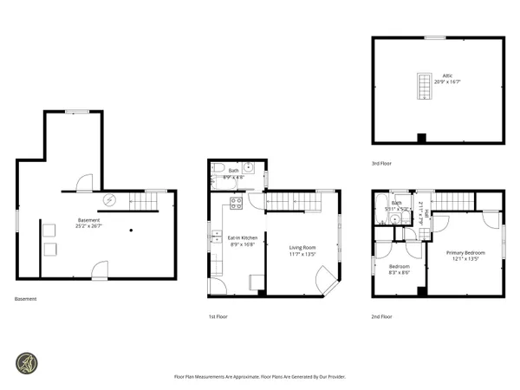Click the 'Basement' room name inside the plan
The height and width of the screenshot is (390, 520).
88,220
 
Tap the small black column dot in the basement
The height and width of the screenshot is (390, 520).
130,230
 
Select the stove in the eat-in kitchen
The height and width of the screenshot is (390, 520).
235,206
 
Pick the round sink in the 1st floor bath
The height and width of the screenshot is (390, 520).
248,167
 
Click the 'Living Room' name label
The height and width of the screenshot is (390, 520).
302,248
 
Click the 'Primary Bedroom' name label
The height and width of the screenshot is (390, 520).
465,252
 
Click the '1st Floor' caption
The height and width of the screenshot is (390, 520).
218,318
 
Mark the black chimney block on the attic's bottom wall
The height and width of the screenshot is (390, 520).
421,138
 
